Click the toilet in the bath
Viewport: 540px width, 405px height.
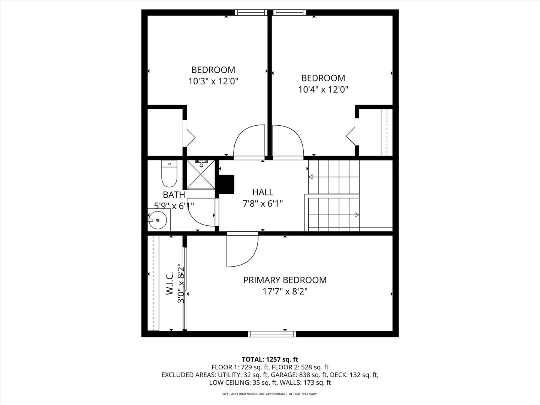[x=169, y=173]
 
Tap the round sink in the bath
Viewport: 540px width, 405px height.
[x=157, y=220]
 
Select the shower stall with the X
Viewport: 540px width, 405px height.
[x=201, y=175]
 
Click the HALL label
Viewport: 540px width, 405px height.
[x=263, y=192]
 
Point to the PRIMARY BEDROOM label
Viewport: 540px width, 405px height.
[x=285, y=280]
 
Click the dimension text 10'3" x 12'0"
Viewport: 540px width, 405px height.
[x=213, y=81]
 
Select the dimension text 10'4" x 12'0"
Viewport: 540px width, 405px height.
[x=323, y=89]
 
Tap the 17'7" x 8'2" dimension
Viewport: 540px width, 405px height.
[x=285, y=292]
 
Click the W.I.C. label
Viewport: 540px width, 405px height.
[x=170, y=283]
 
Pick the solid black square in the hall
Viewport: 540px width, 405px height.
[x=226, y=184]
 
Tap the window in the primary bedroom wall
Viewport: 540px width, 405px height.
[x=272, y=334]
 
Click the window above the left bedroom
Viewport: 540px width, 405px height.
[x=251, y=12]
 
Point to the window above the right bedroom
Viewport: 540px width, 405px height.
[x=289, y=12]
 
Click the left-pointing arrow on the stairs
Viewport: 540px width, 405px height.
[x=334, y=177]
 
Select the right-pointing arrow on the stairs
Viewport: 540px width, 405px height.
[x=334, y=215]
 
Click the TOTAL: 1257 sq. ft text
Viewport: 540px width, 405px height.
[x=270, y=359]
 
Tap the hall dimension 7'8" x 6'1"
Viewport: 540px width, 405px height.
[x=263, y=204]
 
